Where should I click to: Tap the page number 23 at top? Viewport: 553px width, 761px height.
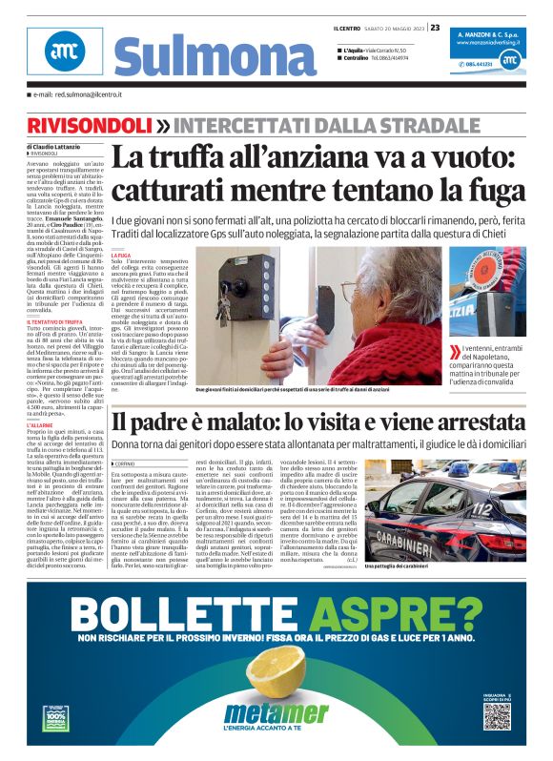click(x=435, y=28)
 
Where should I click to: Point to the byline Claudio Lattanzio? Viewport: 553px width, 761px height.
click(x=60, y=146)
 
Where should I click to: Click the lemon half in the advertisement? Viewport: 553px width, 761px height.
click(x=277, y=679)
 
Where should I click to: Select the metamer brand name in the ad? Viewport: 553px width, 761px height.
click(x=276, y=713)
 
